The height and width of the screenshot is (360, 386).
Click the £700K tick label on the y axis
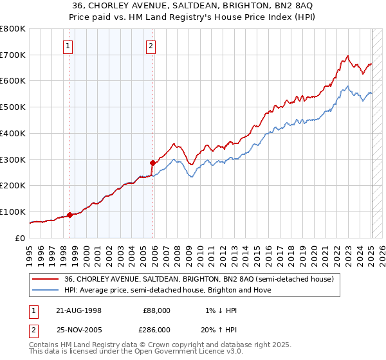click(x=14, y=55)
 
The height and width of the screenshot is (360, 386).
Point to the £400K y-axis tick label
click(x=14, y=133)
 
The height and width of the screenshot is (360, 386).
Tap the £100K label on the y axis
click(x=14, y=212)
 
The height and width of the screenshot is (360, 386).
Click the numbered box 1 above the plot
click(x=68, y=46)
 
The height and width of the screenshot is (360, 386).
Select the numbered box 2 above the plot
click(x=151, y=46)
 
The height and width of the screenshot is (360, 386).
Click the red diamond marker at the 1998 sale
click(x=69, y=215)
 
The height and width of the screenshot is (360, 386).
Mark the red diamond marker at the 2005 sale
click(x=152, y=163)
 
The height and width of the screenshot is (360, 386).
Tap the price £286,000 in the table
click(x=156, y=329)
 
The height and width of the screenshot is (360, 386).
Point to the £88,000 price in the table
click(x=156, y=310)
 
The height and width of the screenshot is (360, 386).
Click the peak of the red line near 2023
click(x=347, y=55)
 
